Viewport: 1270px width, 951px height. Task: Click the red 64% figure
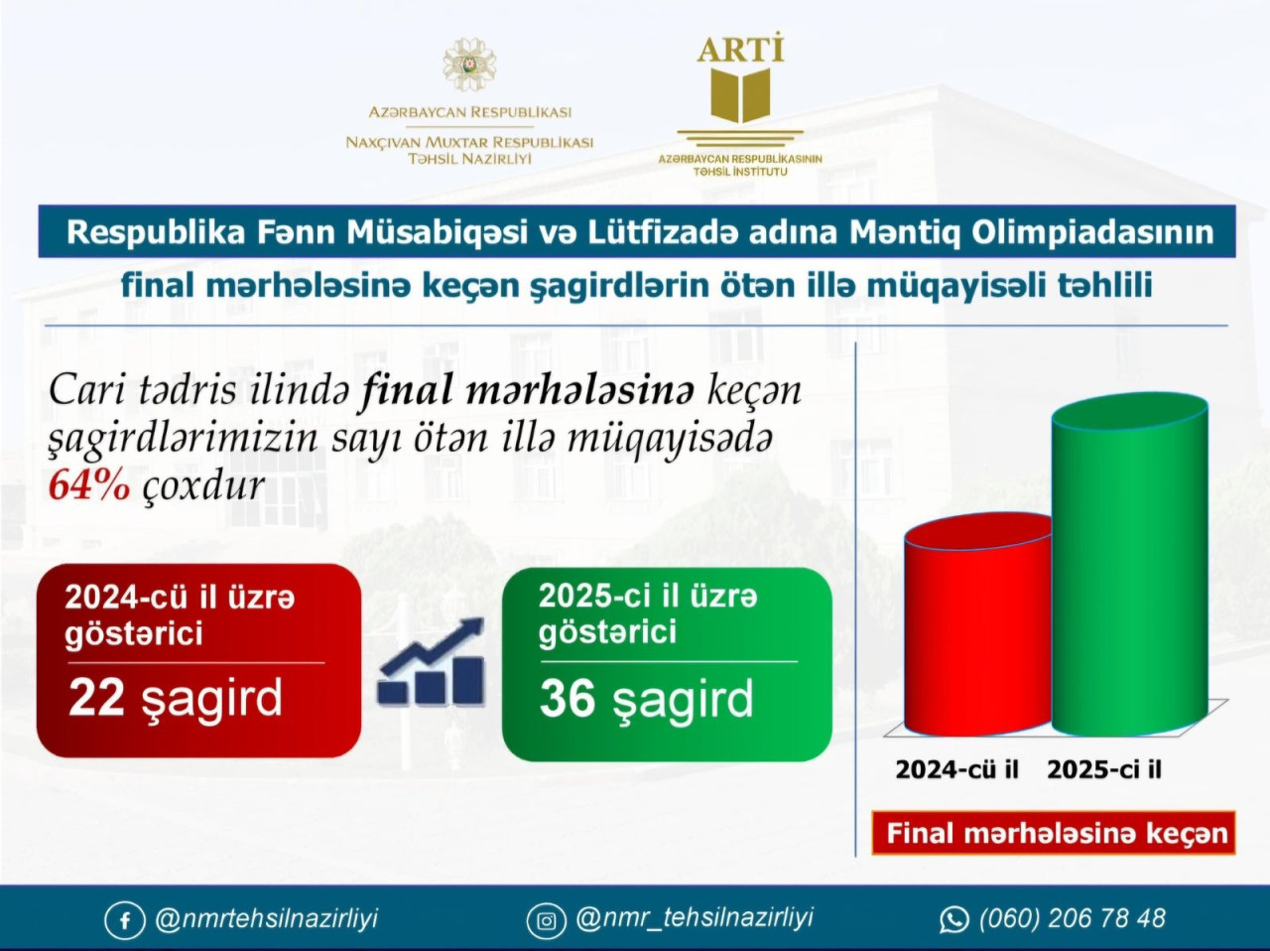89,485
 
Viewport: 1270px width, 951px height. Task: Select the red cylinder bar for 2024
978,625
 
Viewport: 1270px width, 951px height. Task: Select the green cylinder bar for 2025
1130,565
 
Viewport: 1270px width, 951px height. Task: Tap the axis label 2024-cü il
956,769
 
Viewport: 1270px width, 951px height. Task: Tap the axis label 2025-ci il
1104,769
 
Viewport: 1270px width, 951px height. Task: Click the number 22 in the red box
96,698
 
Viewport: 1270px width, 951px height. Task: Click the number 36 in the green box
567,699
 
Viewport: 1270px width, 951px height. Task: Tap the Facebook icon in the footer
124,920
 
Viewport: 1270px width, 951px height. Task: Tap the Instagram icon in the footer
546,920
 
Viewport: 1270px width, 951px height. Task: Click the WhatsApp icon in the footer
953,920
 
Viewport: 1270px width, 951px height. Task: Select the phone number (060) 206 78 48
1073,918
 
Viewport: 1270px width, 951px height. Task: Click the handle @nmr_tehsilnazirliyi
695,918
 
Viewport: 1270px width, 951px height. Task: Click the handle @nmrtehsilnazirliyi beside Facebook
266,918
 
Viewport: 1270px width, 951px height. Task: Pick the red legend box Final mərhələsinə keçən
1054,833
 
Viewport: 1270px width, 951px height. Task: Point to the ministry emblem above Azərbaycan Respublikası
470,65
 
